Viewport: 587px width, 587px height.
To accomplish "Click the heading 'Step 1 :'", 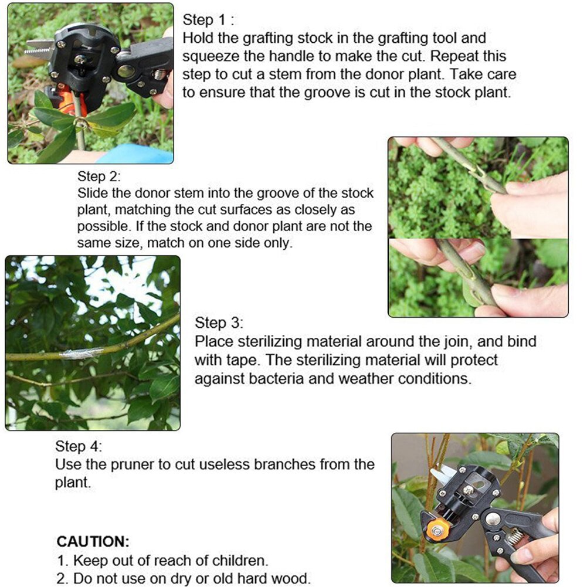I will pyautogui.click(x=208, y=19).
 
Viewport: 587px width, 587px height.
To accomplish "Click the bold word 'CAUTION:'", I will pyautogui.click(x=93, y=541).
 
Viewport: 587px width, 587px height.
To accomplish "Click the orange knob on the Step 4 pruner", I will pyautogui.click(x=437, y=530).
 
